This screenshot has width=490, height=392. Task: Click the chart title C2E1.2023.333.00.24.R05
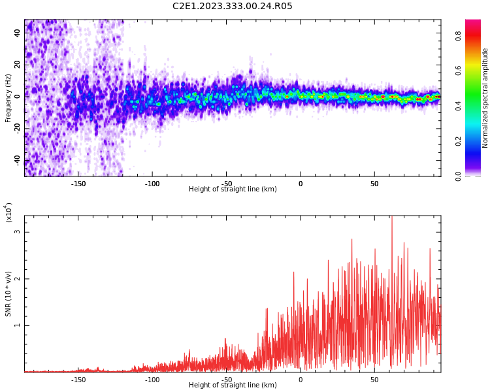(233, 7)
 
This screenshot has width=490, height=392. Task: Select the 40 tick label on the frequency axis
(17, 33)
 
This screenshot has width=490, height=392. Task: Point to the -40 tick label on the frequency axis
(17, 159)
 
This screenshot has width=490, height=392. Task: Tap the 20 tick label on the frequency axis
(17, 64)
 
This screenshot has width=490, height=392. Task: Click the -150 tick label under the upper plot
(78, 183)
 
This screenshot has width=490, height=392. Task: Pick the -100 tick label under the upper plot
(152, 183)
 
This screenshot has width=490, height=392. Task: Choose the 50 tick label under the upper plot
(374, 183)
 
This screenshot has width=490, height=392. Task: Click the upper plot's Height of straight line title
(233, 189)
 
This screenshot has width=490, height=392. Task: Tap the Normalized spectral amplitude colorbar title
(485, 98)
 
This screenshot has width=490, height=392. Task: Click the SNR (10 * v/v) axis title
(8, 294)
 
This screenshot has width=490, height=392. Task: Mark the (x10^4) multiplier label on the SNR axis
(8, 213)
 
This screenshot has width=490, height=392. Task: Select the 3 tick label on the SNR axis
(18, 232)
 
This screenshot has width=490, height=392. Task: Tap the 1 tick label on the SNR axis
(18, 325)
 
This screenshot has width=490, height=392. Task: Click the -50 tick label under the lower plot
(226, 379)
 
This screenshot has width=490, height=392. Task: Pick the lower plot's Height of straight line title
(233, 385)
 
